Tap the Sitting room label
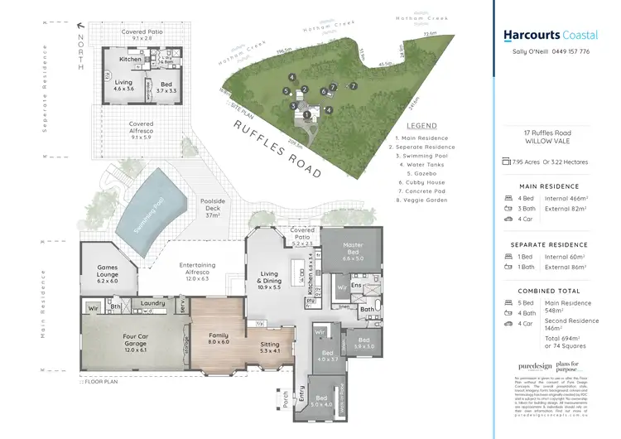click(269, 347)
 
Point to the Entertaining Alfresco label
click(198, 270)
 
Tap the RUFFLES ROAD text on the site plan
click(276, 150)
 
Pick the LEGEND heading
click(422, 126)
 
